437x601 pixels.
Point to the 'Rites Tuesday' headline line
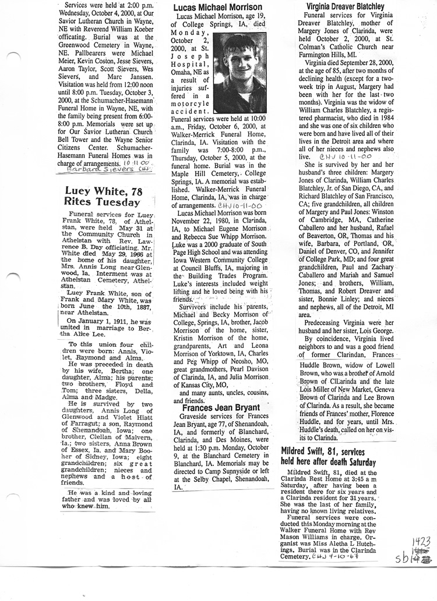pos(102,202)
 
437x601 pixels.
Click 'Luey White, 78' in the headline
pos(102,191)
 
